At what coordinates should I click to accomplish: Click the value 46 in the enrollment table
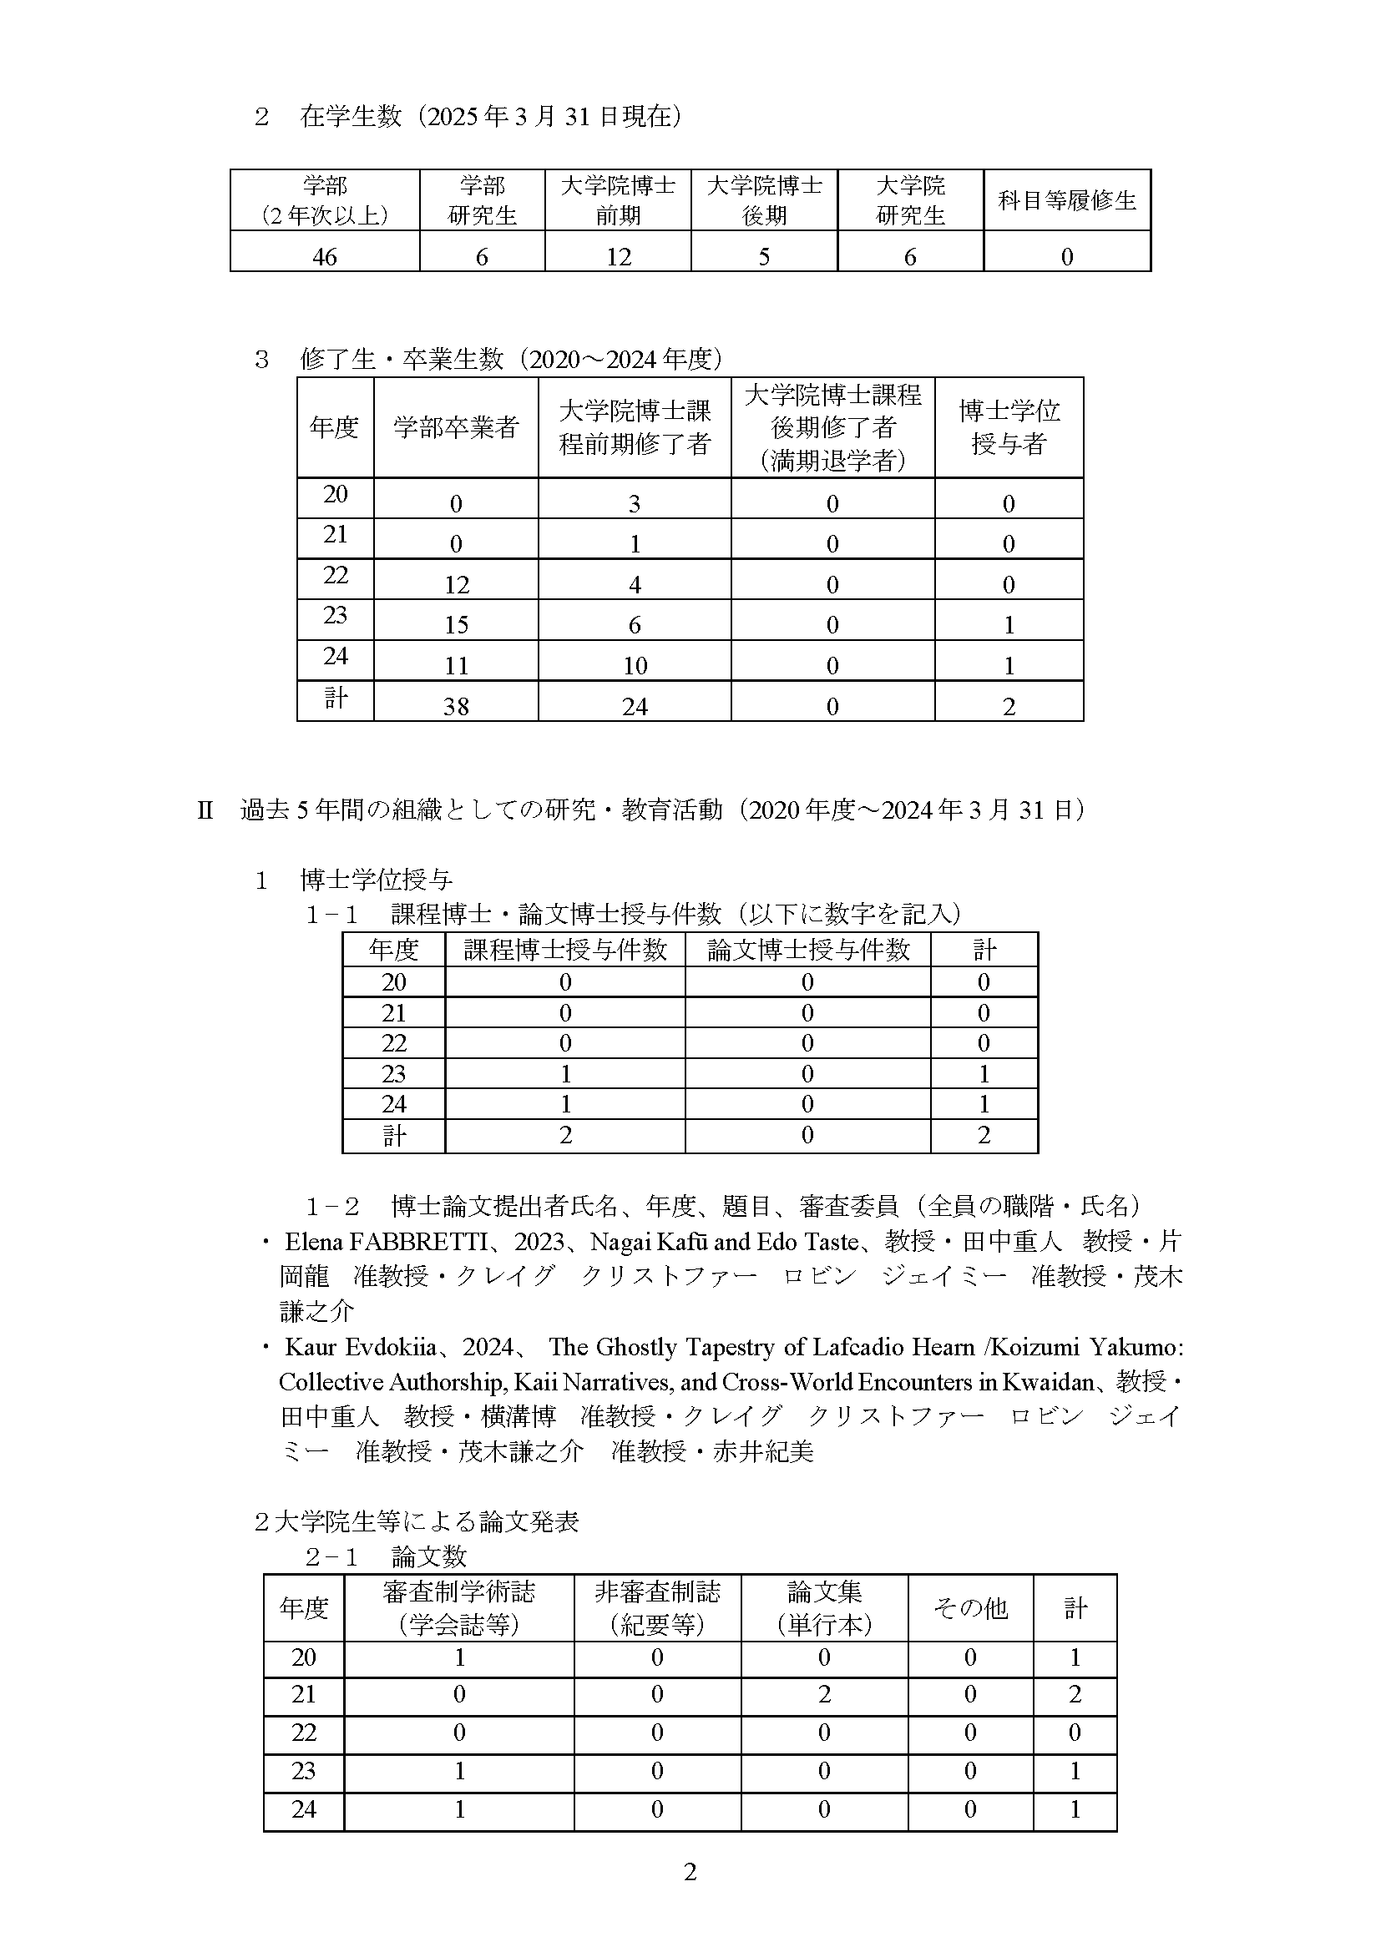[x=324, y=256]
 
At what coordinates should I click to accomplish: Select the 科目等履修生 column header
[x=1066, y=200]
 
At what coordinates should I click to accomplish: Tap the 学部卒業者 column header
[x=456, y=427]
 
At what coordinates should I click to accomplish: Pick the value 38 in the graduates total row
[x=456, y=706]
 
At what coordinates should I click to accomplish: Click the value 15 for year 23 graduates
[x=456, y=625]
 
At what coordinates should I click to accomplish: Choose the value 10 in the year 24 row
[x=635, y=666]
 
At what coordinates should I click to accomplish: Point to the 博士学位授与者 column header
[x=1009, y=427]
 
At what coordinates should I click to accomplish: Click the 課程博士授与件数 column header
[x=564, y=950]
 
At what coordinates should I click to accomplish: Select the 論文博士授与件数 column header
[x=808, y=950]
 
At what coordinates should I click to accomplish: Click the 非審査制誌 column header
[x=656, y=1607]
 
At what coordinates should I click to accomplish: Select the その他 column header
[x=970, y=1607]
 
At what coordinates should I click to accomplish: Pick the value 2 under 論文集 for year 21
[x=824, y=1694]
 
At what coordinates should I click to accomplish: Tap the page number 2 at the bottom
[x=690, y=1872]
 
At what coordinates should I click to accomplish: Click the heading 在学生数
[x=351, y=117]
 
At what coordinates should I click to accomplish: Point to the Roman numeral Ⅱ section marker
[x=205, y=810]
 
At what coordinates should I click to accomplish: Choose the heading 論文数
[x=428, y=1556]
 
